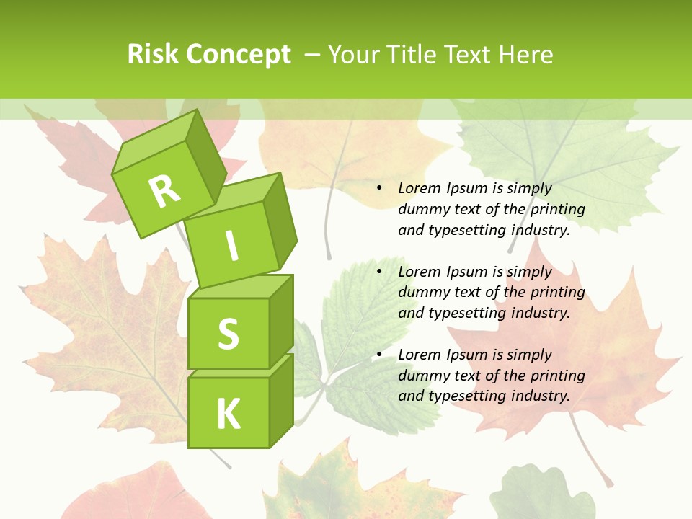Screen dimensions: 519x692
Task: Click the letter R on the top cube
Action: pos(164,190)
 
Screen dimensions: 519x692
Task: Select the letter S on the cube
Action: pos(228,333)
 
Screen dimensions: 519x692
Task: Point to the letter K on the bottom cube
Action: pos(228,414)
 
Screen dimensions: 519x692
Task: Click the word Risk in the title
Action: pos(153,54)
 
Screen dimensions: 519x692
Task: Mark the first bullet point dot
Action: pos(379,189)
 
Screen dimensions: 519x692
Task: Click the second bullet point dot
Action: pos(379,272)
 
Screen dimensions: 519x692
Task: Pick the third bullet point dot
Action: pos(379,355)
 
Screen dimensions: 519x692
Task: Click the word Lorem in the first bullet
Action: pos(419,189)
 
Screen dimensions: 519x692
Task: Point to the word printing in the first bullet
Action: pos(558,210)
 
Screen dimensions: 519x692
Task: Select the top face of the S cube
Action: pos(239,287)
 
